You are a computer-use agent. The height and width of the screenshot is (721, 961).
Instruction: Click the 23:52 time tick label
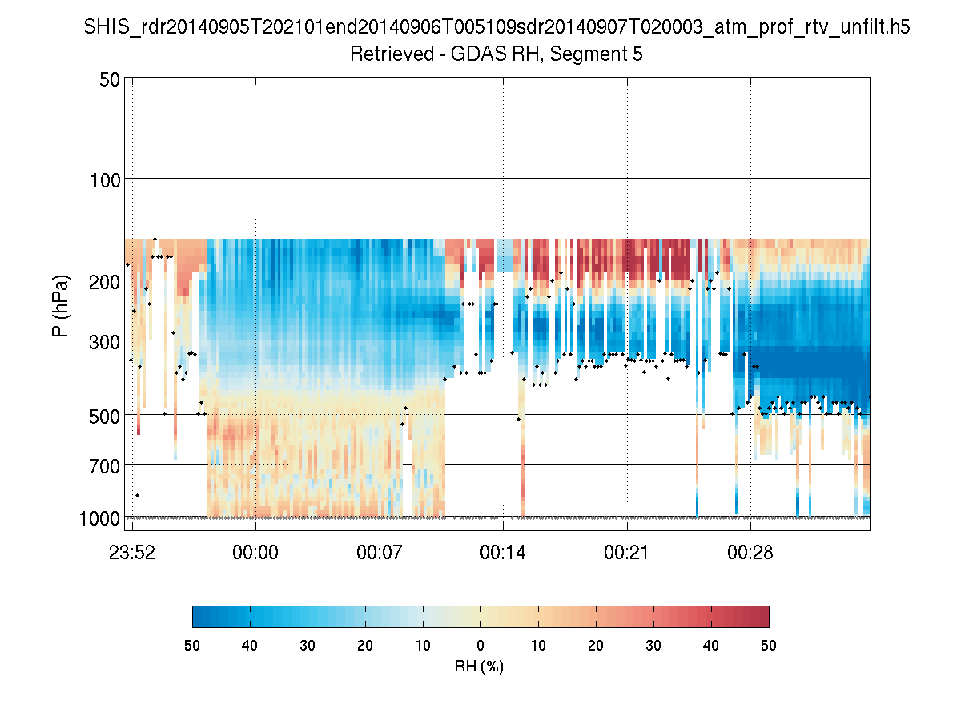132,553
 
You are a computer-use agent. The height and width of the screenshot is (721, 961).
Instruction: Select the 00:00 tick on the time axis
255,553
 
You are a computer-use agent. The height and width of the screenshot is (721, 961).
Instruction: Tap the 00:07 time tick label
380,553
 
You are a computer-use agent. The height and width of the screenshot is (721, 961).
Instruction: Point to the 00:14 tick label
503,553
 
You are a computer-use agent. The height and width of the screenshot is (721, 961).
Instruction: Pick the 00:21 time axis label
627,553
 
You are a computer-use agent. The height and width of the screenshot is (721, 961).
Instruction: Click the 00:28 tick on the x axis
750,553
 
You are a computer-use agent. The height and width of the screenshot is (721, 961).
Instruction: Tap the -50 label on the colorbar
191,646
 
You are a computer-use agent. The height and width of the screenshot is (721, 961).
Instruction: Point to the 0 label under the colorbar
480,646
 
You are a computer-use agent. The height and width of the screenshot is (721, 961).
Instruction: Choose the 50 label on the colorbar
769,646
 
